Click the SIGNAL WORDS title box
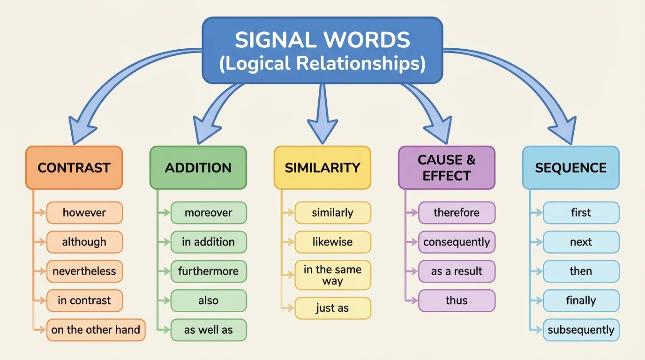pos(322,51)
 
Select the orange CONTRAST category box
pos(74,168)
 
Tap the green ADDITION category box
pos(198,168)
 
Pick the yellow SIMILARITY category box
pos(322,168)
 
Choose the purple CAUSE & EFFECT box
pos(446,168)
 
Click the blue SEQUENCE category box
pos(570,168)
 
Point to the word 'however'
pos(84,213)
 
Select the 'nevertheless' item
pos(84,271)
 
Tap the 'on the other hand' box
pos(96,330)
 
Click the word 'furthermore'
pos(208,271)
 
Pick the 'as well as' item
pos(208,330)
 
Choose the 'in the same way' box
pos(332,276)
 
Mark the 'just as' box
pos(332,308)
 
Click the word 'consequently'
pos(457,242)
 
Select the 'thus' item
pos(457,301)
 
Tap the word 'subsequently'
pos(581,330)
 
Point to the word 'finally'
pos(581,301)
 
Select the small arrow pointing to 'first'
pos(537,213)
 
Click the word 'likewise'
pos(332,242)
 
